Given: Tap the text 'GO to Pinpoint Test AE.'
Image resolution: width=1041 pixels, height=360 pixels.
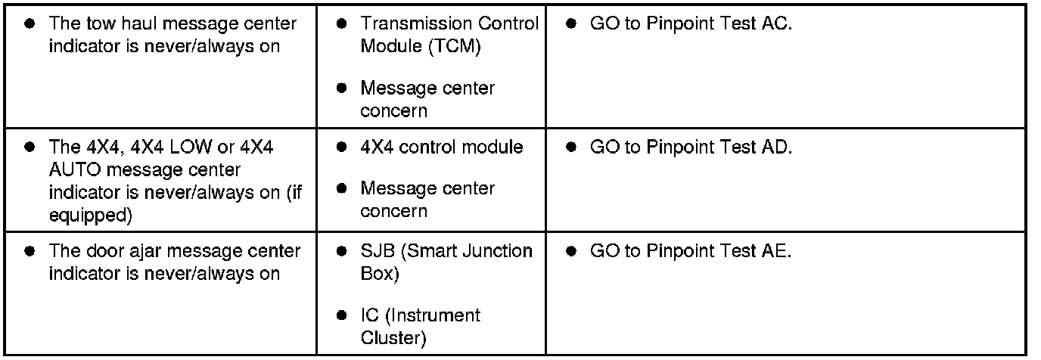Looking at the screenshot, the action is click(690, 250).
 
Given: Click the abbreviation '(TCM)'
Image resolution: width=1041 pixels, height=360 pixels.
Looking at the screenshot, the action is click(458, 46).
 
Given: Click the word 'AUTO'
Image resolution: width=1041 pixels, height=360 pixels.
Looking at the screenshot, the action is click(72, 169).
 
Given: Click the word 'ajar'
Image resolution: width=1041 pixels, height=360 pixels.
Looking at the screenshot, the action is click(141, 251).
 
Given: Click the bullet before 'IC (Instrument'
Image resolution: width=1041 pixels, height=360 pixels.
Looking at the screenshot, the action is click(341, 315).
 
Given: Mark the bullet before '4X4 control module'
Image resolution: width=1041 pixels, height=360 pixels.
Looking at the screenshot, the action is click(341, 147).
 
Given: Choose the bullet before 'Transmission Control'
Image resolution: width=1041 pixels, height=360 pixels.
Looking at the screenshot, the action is click(341, 23).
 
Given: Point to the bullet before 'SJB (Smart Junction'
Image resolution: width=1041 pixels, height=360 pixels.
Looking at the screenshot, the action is click(341, 250).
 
